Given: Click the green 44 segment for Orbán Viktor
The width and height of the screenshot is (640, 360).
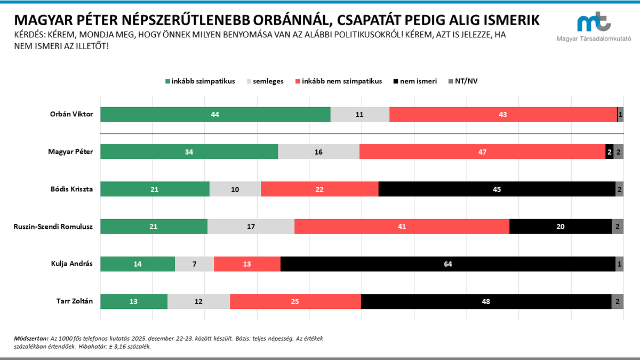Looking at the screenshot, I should [215, 115].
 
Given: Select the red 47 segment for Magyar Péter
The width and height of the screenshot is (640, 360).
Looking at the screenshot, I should [482, 152].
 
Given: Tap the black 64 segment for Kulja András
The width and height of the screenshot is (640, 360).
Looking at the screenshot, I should [447, 264].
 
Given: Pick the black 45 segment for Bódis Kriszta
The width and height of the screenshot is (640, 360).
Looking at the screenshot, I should [497, 189].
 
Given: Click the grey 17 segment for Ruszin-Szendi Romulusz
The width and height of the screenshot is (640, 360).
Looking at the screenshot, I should [251, 227].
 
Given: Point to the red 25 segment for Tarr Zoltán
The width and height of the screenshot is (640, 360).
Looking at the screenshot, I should [295, 301].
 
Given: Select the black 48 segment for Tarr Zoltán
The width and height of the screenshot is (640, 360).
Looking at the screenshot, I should [486, 301].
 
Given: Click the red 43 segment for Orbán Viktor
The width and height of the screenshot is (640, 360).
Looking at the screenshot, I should [503, 115].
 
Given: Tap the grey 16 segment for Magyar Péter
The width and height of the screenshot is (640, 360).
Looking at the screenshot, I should [318, 152].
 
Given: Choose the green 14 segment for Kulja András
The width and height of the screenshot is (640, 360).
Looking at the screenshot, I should [138, 264].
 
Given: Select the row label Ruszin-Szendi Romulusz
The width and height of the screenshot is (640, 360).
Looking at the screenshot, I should [53, 227].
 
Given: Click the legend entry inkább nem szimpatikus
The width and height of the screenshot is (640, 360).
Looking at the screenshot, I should [341, 82].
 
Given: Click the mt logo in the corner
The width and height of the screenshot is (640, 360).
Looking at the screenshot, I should [594, 23].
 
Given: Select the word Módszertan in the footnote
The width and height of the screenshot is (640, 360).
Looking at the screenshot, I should [30, 339].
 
